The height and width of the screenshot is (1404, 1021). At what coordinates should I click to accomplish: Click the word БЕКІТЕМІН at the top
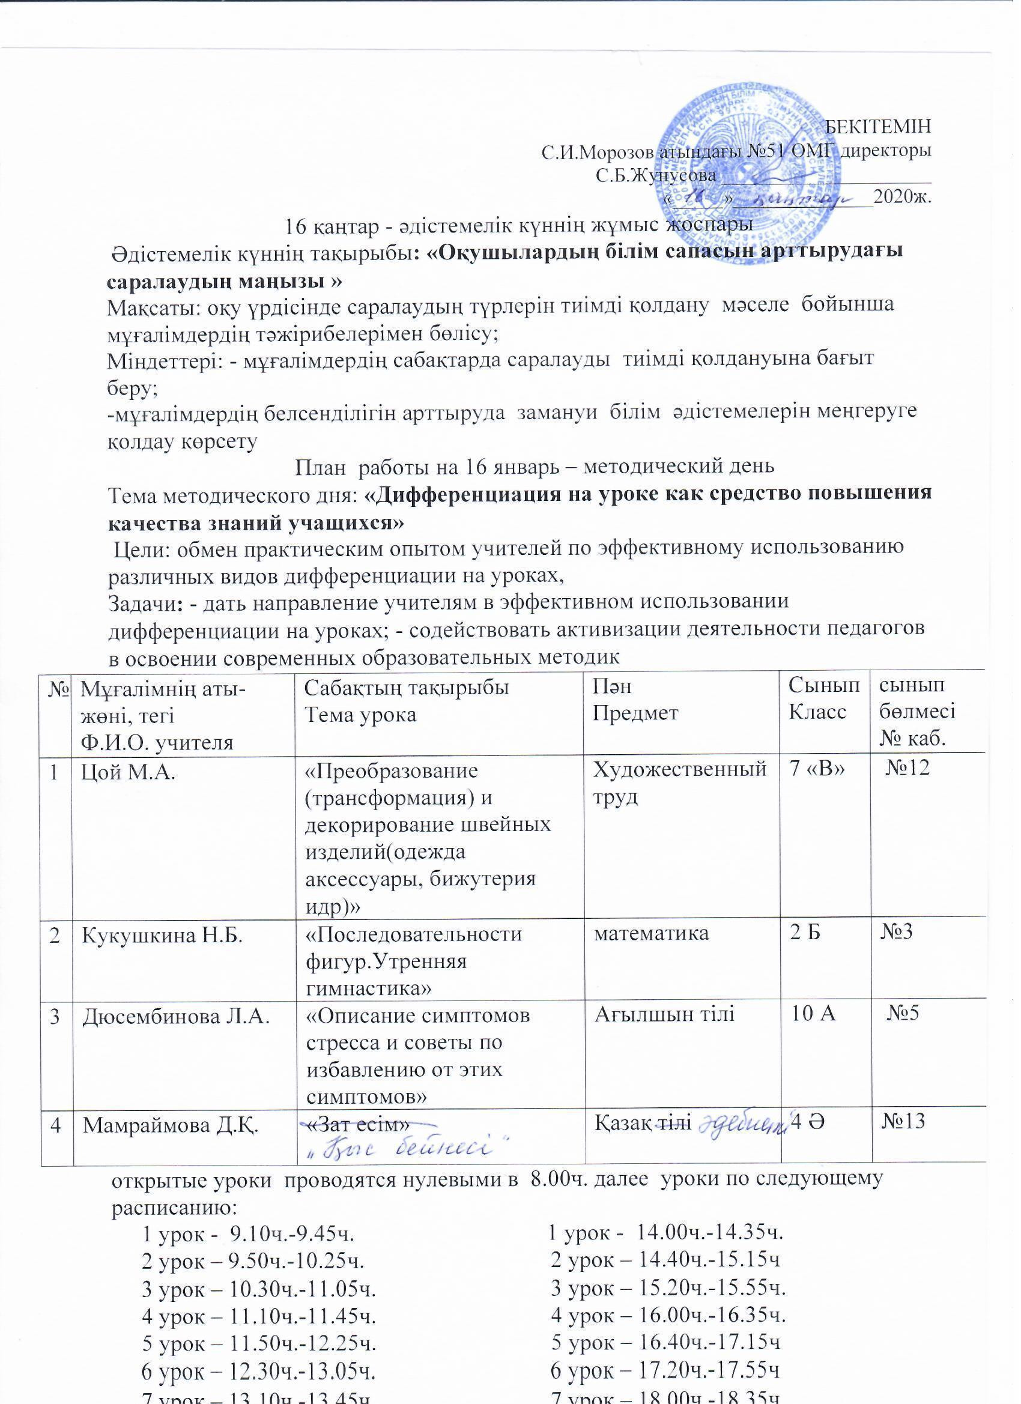(x=879, y=126)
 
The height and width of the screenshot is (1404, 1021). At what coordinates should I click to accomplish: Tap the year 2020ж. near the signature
(x=902, y=199)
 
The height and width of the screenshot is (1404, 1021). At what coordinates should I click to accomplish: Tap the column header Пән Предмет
(x=636, y=701)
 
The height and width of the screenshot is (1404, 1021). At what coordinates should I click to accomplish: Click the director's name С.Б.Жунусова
(x=656, y=176)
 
